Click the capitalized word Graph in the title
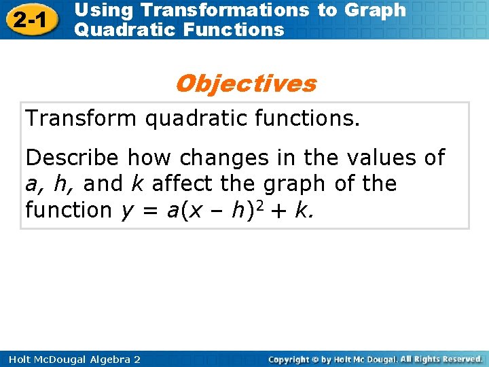[375, 10]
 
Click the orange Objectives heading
[245, 84]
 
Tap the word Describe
[73, 158]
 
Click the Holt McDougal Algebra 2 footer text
[71, 359]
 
